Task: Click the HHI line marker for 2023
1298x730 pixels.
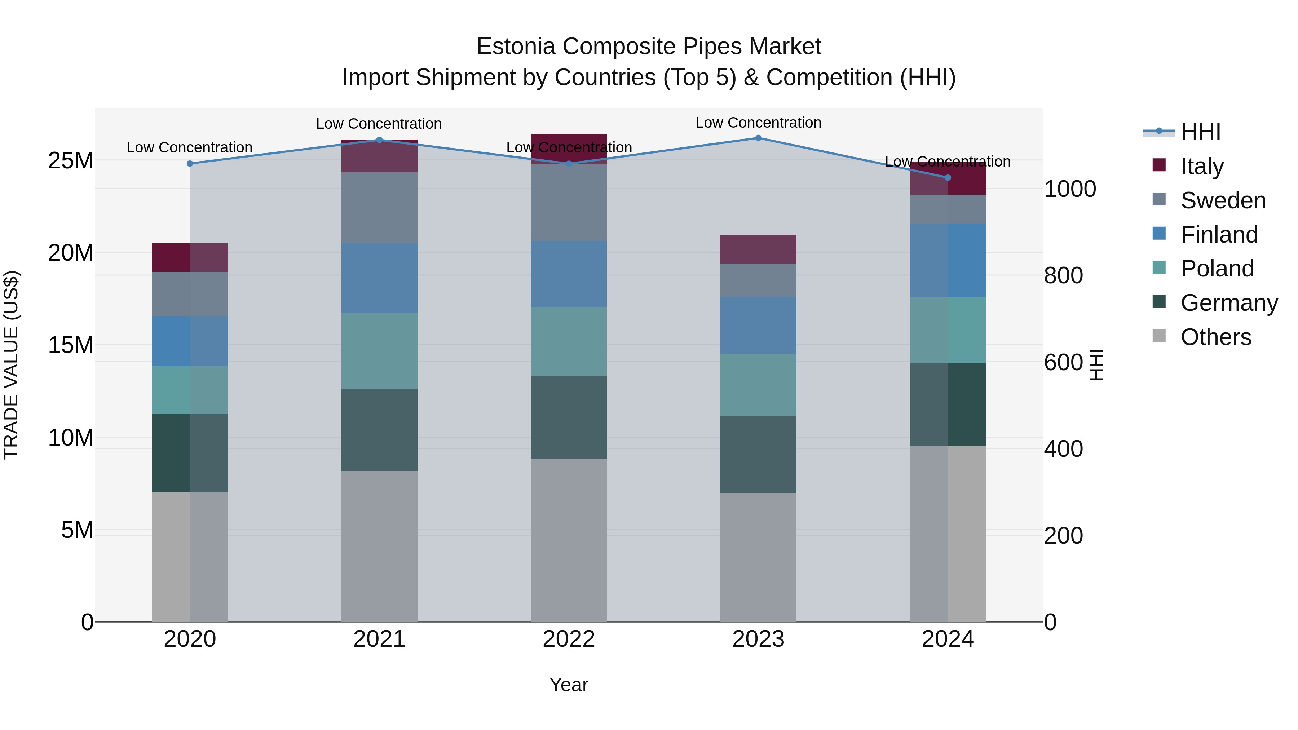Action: pos(758,138)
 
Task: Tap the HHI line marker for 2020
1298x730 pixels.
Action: pos(190,164)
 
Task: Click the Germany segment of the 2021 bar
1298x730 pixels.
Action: pos(379,430)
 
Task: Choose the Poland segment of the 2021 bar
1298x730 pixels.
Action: pos(379,351)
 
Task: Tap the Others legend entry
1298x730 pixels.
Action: pos(1215,337)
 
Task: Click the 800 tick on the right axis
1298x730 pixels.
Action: pos(1063,275)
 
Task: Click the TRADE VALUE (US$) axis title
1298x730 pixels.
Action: pos(11,365)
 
